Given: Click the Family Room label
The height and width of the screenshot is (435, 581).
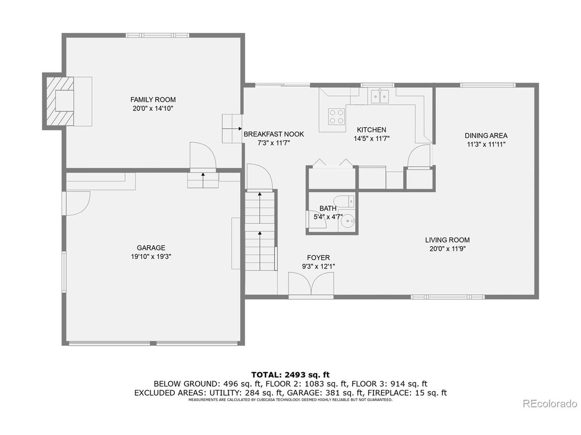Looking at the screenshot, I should [x=153, y=100].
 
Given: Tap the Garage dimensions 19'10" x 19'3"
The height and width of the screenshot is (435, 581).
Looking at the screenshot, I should [x=151, y=256].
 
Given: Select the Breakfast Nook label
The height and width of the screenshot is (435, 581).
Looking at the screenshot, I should [x=274, y=134].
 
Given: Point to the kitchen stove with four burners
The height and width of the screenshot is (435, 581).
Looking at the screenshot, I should [x=336, y=116].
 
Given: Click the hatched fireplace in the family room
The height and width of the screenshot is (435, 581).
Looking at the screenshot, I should [x=58, y=101].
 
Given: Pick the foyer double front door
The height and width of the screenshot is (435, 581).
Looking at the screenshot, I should [x=311, y=285].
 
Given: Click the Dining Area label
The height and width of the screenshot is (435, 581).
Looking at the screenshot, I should [x=486, y=135].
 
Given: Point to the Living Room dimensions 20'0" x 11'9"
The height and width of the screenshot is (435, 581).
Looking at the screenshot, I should [x=448, y=249].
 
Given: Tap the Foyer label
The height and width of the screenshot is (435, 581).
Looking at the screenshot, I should [x=318, y=258].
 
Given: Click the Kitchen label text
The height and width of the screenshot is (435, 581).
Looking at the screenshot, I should [x=371, y=130].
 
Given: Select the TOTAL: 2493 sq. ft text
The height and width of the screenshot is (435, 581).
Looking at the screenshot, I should [x=290, y=375].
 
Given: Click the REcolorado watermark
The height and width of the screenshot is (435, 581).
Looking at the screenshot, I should [x=550, y=403].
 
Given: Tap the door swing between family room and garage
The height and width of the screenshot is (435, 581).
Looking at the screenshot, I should [x=202, y=156].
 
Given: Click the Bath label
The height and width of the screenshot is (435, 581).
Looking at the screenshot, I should [x=328, y=208].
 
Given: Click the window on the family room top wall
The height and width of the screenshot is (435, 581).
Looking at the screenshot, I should [x=158, y=35].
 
